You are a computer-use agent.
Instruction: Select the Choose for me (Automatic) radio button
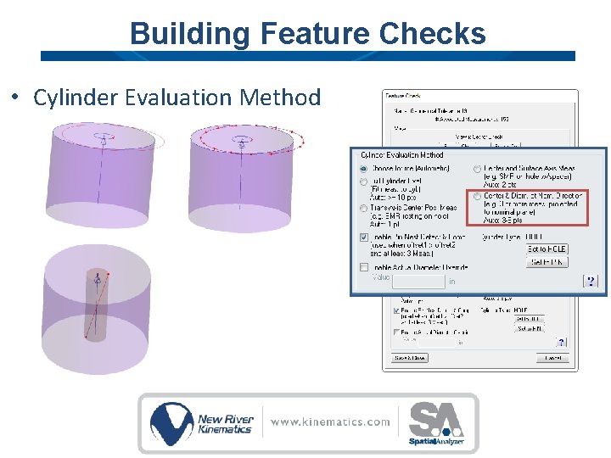tap(364, 169)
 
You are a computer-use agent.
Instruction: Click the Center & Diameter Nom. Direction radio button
tap(477, 196)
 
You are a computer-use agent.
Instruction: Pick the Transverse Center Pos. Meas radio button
tap(364, 208)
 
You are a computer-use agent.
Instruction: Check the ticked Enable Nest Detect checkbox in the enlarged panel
tap(364, 237)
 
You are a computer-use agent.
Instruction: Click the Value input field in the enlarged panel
tap(418, 281)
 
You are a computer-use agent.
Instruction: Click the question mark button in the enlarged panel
tap(590, 281)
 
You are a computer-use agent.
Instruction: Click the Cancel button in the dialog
tap(553, 358)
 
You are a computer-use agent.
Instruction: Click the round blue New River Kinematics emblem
tap(171, 422)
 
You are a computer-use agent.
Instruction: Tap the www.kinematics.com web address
tap(330, 422)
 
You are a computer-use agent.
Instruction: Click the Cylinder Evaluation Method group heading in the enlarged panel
tap(402, 155)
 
